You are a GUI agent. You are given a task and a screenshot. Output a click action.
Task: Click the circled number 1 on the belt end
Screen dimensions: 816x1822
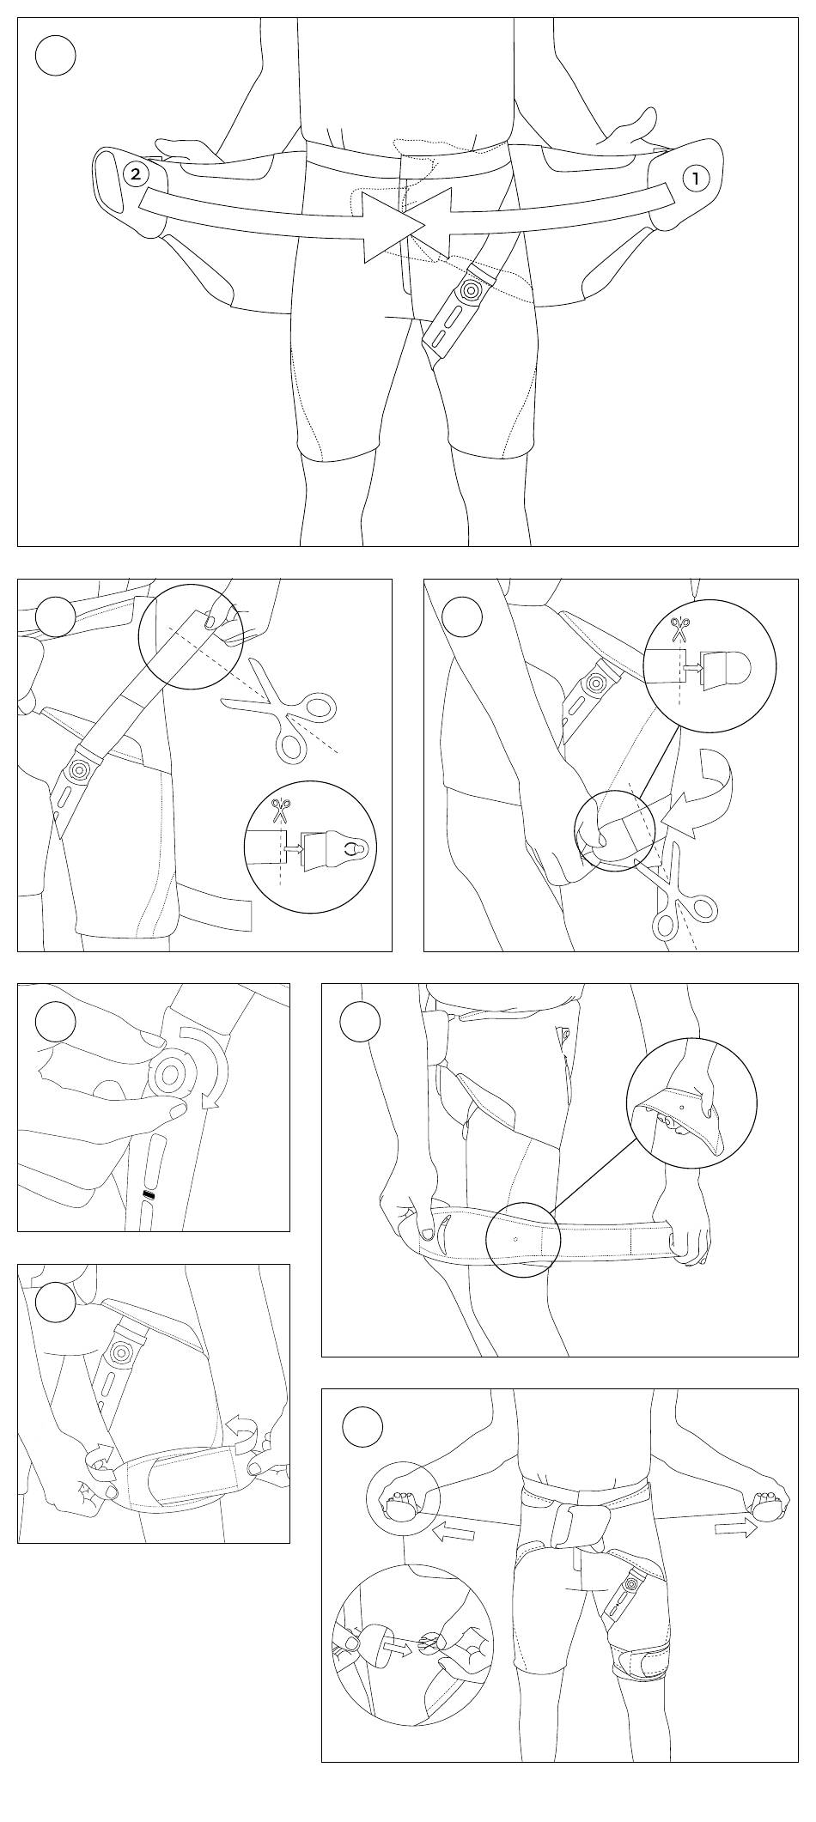tap(696, 179)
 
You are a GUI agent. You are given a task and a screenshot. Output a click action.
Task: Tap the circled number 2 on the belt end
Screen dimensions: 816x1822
tap(136, 173)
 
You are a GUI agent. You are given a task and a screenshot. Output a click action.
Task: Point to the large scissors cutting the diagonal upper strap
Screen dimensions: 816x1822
tap(291, 714)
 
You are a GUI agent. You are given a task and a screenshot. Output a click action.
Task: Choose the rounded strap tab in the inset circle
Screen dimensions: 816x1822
tap(727, 668)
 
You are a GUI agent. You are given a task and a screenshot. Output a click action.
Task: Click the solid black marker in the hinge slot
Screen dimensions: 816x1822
tap(149, 1195)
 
